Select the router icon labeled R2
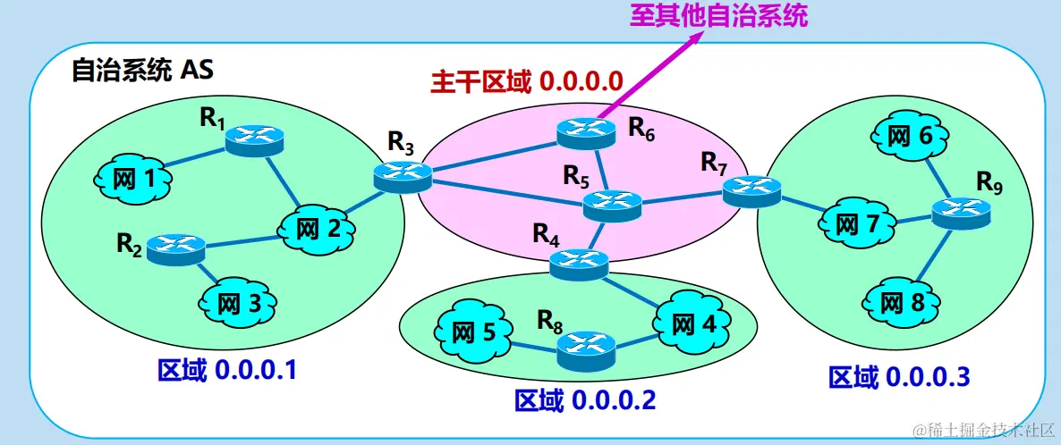[x=176, y=248]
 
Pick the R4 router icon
[x=578, y=262]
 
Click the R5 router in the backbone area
[x=613, y=206]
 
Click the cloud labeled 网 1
[x=134, y=179]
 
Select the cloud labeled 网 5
[x=471, y=333]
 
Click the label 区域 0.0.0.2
[x=585, y=399]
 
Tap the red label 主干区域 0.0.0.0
[x=526, y=81]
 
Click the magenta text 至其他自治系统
[x=717, y=15]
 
